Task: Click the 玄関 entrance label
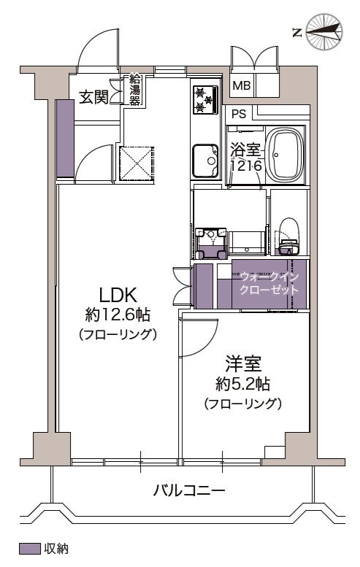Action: tap(93, 96)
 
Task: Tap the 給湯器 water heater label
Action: tap(134, 90)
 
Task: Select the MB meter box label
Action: tap(241, 85)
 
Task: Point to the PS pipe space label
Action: tap(239, 114)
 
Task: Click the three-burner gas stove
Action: tap(205, 99)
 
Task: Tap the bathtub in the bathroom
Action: tap(285, 155)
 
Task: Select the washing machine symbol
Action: tap(210, 243)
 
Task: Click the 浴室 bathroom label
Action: tap(246, 150)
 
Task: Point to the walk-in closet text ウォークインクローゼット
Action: tap(269, 283)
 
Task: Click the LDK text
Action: tap(118, 294)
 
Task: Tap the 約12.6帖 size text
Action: tap(118, 315)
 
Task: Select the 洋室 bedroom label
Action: tap(243, 364)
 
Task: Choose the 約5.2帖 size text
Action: tap(242, 384)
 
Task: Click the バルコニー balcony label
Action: tap(189, 490)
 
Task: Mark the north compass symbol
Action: tap(323, 31)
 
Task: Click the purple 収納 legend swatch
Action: tap(29, 548)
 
